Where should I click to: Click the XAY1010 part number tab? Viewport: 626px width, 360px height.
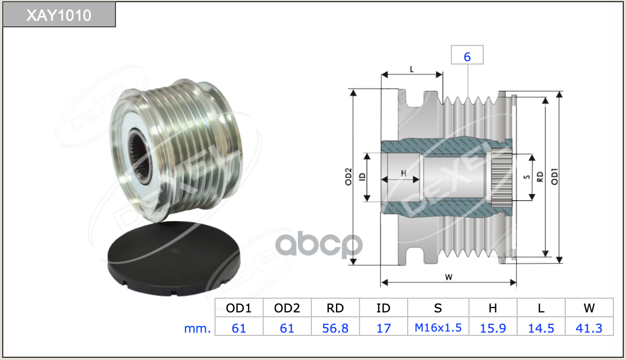pyautogui.click(x=59, y=15)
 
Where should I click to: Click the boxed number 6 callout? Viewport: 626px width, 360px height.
pyautogui.click(x=467, y=56)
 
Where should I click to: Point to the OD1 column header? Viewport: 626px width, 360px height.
pyautogui.click(x=239, y=308)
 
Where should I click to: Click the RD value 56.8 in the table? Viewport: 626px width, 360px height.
pyautogui.click(x=335, y=328)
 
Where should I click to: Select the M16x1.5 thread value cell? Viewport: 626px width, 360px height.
pyautogui.click(x=438, y=328)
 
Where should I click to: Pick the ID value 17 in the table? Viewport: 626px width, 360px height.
pyautogui.click(x=384, y=328)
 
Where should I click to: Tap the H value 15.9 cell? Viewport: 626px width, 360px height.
pyautogui.click(x=492, y=328)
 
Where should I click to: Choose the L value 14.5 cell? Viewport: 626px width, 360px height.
pyautogui.click(x=541, y=328)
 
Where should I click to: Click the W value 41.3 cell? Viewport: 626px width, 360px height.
pyautogui.click(x=589, y=328)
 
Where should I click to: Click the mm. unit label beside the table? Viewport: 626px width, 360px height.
pyautogui.click(x=197, y=328)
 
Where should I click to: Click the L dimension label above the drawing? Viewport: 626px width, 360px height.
pyautogui.click(x=411, y=69)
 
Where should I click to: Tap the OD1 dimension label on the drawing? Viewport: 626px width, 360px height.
pyautogui.click(x=554, y=176)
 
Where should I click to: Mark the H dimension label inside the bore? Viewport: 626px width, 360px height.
pyautogui.click(x=403, y=173)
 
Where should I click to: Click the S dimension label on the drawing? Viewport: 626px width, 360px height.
pyautogui.click(x=526, y=177)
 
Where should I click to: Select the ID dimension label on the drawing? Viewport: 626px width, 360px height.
pyautogui.click(x=362, y=177)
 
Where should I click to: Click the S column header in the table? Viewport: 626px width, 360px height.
pyautogui.click(x=438, y=308)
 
